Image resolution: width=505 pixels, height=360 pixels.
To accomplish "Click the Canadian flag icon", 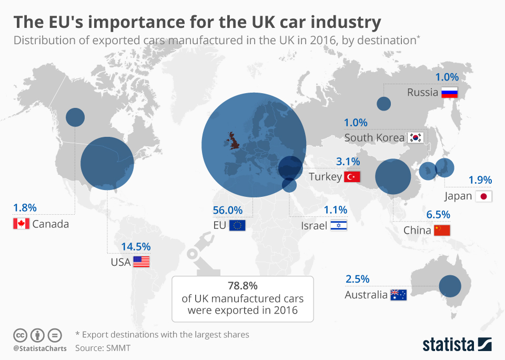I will tap(21, 224).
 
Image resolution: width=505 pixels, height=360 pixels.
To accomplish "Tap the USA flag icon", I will tap(141, 262).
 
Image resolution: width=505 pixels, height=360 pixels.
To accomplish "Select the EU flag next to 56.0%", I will tap(237, 226).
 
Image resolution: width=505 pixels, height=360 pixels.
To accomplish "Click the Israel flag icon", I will tap(339, 226).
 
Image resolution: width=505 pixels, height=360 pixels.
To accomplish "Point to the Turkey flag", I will tap(351, 176).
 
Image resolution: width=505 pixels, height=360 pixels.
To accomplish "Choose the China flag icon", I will tap(442, 230).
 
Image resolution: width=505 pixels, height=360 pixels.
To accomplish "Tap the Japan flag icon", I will tap(483, 197).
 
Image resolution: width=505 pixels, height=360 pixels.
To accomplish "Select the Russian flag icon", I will tap(450, 93).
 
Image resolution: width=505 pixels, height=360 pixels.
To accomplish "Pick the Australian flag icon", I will tap(398, 295).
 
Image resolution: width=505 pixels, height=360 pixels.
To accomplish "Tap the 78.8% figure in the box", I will tap(243, 286).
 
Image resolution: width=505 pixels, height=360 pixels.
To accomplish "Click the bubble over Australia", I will tap(450, 286).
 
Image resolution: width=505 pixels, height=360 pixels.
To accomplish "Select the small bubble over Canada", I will tap(75, 117).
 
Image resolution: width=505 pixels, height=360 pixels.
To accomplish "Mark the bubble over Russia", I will tap(384, 104).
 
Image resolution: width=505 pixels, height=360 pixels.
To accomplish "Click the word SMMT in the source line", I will tap(119, 348).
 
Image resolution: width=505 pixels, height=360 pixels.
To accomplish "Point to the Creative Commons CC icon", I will tap(20, 335).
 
